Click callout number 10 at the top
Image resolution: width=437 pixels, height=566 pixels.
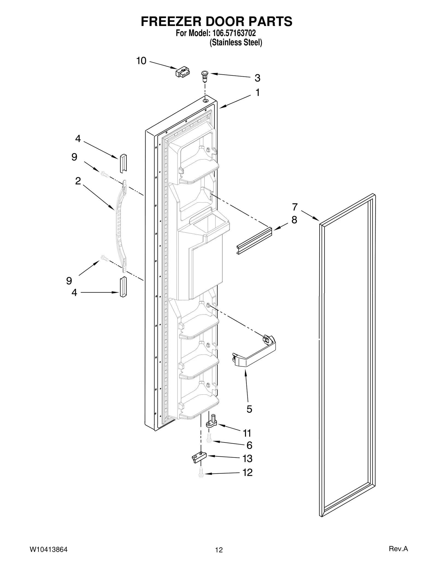(x=141, y=61)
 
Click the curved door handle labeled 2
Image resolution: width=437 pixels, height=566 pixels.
(x=120, y=227)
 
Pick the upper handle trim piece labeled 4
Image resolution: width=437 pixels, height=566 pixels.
(x=123, y=163)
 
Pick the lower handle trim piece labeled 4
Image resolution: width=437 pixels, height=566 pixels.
(x=123, y=287)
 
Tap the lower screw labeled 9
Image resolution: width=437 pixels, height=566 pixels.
(x=104, y=257)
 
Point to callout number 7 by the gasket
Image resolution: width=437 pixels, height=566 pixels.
(x=295, y=207)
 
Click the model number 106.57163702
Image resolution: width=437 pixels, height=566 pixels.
(x=233, y=33)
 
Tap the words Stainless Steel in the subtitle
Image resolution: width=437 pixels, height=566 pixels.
(x=235, y=43)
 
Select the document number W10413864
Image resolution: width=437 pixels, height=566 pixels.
(x=48, y=549)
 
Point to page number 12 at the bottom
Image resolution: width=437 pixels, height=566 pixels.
(x=219, y=550)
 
